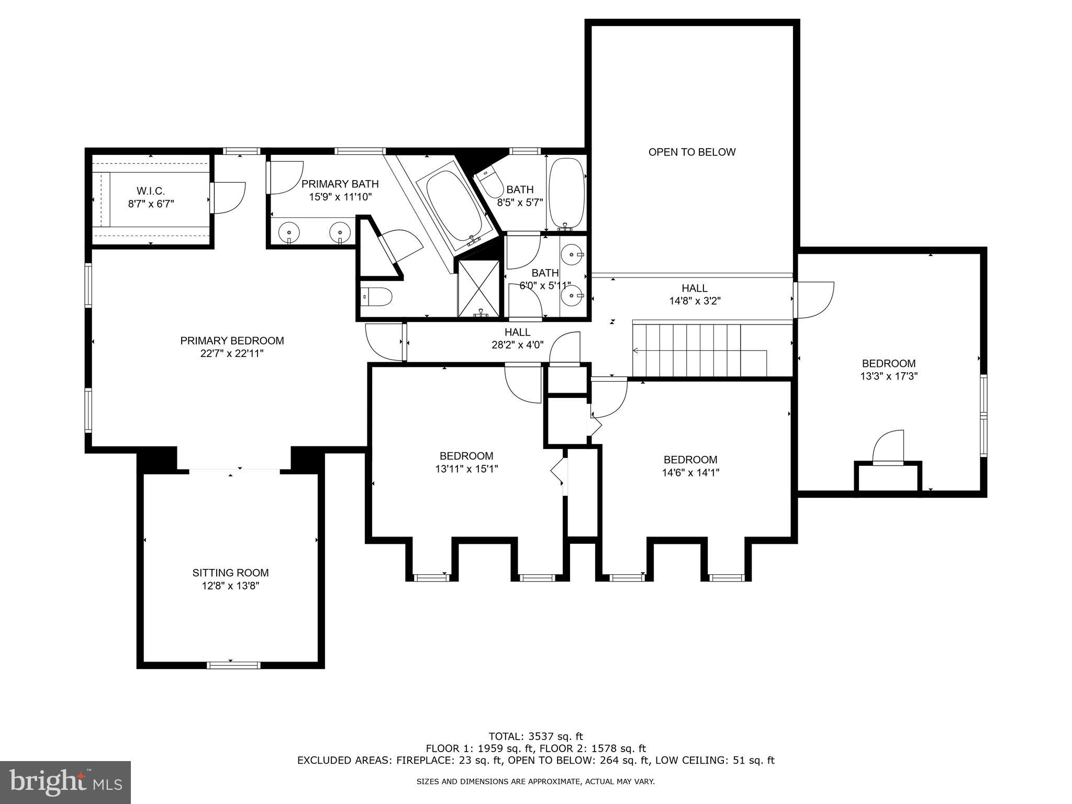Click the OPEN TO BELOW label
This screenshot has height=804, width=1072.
point(691,152)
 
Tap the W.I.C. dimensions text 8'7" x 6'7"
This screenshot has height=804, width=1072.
point(151,204)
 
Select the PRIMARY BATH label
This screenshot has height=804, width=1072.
point(340,184)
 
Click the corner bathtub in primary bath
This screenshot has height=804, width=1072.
point(454,207)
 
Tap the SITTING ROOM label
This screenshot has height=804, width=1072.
point(230,573)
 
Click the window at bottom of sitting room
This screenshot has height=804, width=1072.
point(233,665)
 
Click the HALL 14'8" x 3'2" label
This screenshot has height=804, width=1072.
point(695,294)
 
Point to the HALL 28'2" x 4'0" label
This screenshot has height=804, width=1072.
point(517,338)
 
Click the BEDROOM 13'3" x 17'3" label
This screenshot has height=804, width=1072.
point(889,370)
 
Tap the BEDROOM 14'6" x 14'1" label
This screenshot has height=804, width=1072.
point(690,466)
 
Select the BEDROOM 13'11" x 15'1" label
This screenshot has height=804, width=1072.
point(466,462)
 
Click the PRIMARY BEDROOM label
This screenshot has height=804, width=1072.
point(232,347)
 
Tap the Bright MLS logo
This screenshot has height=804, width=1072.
point(65,782)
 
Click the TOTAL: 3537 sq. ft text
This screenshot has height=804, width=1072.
point(535,736)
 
